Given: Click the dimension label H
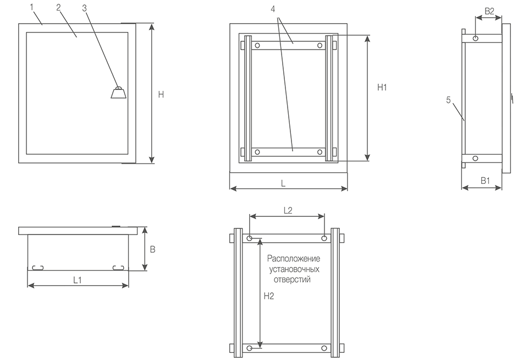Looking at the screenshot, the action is pos(161,95).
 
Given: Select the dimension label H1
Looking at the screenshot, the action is pos(382,87).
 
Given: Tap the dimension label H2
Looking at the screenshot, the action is pos(269,296).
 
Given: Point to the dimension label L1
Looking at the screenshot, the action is pos(78,280).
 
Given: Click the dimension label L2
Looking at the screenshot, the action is pos(288,210).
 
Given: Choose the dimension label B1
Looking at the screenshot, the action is pos(485,181).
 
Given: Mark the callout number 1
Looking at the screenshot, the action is pos(32,7).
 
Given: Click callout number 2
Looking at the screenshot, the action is pos(59,7).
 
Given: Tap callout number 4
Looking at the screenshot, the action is pos(273,9).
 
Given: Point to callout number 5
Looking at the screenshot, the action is pos(449,100).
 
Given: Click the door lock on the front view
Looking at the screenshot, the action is pos(118,92).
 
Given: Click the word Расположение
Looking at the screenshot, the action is pos(294,259).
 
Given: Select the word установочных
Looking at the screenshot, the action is pos(294,269).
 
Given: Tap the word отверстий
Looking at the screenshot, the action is pos(292,280).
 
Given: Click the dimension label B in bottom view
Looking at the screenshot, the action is pos(153,249).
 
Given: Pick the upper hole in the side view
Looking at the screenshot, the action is pos(476,39).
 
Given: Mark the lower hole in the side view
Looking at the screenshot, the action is pos(476,159).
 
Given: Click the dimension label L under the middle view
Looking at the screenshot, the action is pos(283,183).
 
